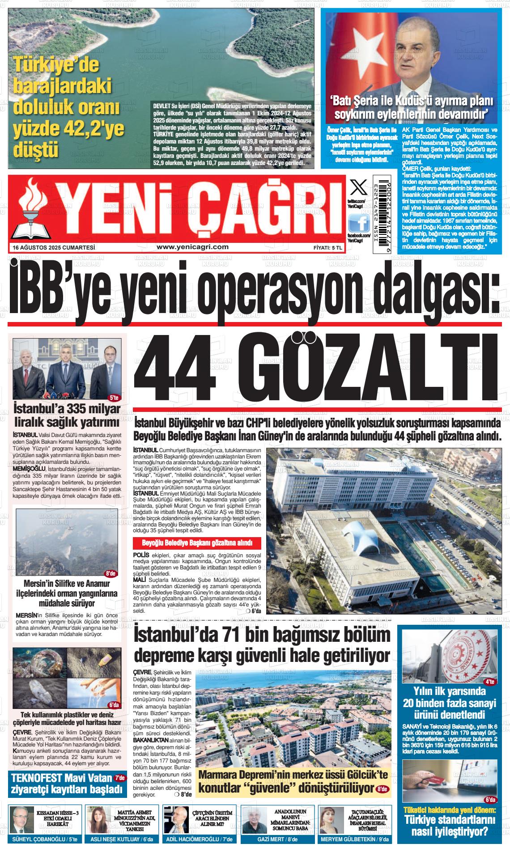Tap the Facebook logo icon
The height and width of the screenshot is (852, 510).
coord(359,222)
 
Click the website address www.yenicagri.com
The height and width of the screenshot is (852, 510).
coord(193,247)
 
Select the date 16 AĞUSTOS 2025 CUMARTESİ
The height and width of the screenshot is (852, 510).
coord(55,247)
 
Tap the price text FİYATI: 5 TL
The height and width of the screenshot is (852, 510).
coord(328,247)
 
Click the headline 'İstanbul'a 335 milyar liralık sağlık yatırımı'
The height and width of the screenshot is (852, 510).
coord(67,415)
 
